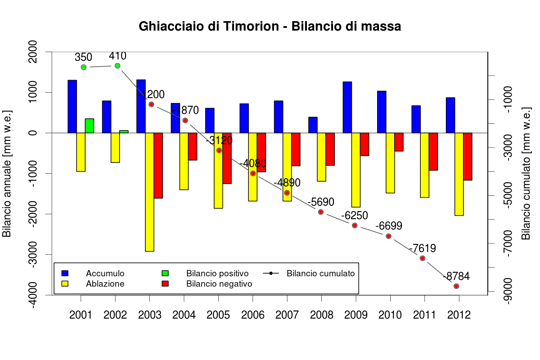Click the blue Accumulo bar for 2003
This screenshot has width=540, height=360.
coord(141,106)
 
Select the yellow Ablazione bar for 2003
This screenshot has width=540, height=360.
coord(149,192)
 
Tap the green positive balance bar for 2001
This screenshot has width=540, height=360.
coord(90,126)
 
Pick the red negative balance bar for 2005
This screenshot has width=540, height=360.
coord(227,158)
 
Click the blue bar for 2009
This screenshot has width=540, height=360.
coord(347,107)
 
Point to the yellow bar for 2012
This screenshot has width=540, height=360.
coord(459,174)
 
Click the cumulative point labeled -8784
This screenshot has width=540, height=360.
coord(456,286)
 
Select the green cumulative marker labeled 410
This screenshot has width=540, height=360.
coord(117,66)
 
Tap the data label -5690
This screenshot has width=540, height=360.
coord(321,202)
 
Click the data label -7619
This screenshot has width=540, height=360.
coord(423,248)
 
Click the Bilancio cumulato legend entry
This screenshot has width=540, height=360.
coord(320,273)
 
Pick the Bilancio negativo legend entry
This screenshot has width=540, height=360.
coord(219,284)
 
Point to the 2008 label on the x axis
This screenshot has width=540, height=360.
coord(321,315)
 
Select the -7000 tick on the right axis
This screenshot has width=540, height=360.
coord(507,243)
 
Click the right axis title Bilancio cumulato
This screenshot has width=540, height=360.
coord(525,173)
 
